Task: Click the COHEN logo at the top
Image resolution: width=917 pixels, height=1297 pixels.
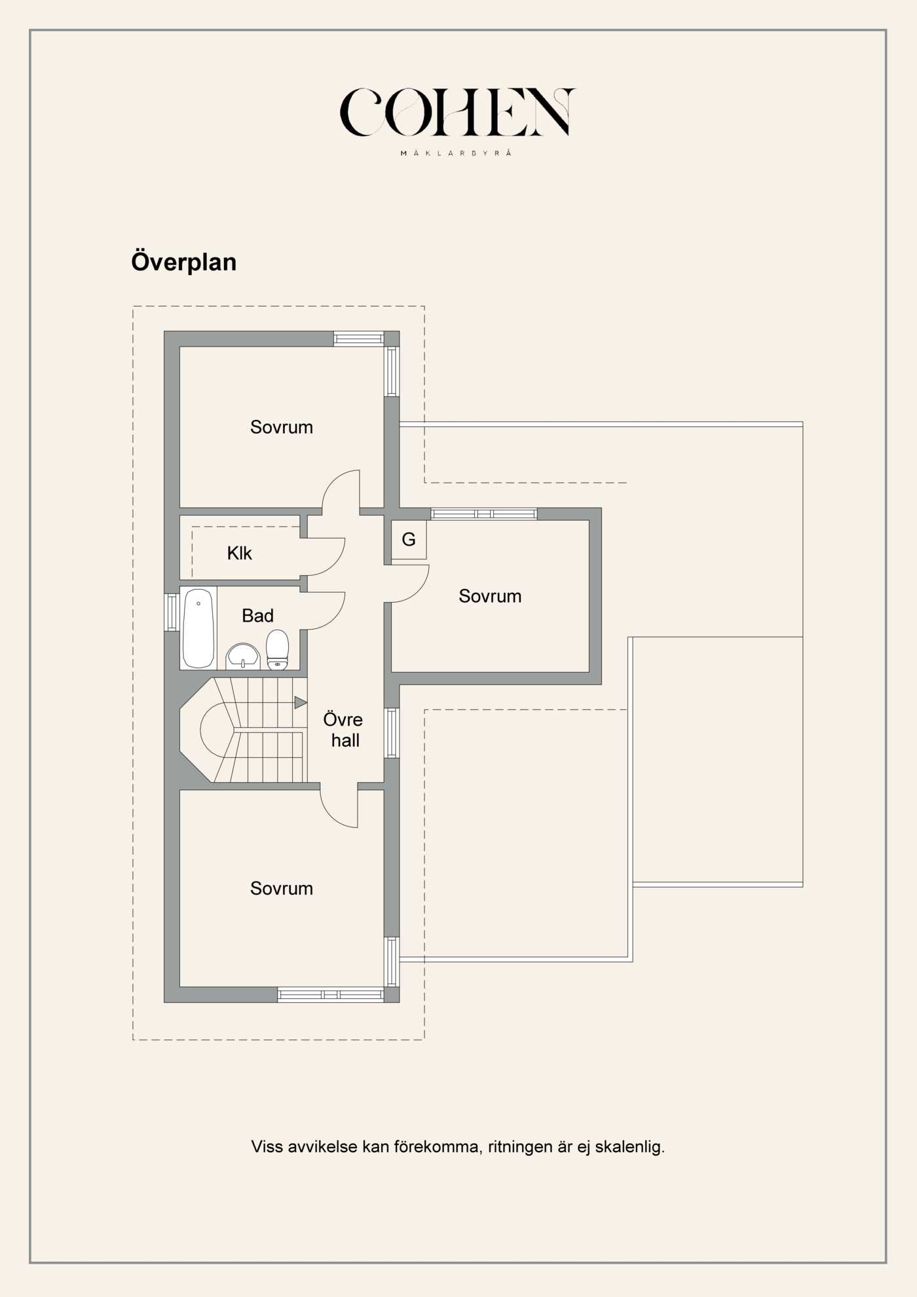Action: pyautogui.click(x=457, y=113)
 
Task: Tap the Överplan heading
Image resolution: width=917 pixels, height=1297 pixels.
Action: pyautogui.click(x=184, y=262)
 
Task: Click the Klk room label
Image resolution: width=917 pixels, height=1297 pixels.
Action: pyautogui.click(x=239, y=554)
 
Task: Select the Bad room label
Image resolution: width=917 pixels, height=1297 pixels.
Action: pyautogui.click(x=257, y=616)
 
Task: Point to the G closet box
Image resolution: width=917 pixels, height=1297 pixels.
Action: pyautogui.click(x=409, y=540)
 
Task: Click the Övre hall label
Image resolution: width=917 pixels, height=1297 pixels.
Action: pyautogui.click(x=343, y=730)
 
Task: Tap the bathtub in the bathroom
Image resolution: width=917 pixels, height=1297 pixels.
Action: pyautogui.click(x=198, y=628)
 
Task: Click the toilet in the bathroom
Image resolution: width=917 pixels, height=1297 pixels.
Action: pyautogui.click(x=278, y=649)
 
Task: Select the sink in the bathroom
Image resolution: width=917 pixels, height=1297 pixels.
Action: pyautogui.click(x=243, y=656)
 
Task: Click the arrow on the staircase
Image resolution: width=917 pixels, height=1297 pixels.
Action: pyautogui.click(x=301, y=703)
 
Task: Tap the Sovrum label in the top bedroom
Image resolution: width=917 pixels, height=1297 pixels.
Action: pyautogui.click(x=282, y=427)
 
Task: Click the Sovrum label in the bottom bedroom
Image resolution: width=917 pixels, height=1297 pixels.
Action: pyautogui.click(x=282, y=888)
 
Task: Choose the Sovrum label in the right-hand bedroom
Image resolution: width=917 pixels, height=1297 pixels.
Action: pyautogui.click(x=490, y=596)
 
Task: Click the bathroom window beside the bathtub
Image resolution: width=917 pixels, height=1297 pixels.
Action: pyautogui.click(x=171, y=612)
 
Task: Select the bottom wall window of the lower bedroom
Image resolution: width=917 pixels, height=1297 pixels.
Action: pyautogui.click(x=330, y=995)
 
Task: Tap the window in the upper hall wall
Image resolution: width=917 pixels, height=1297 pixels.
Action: pyautogui.click(x=391, y=733)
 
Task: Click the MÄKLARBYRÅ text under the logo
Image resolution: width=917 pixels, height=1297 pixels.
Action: pyautogui.click(x=456, y=153)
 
